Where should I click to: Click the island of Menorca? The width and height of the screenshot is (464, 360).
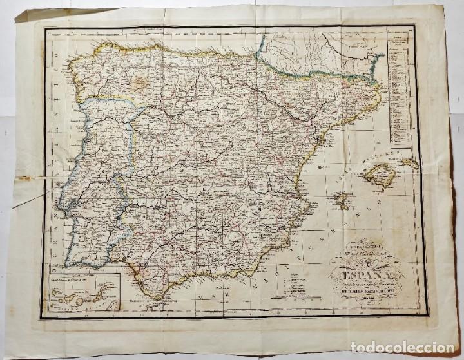pos(410,164)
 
